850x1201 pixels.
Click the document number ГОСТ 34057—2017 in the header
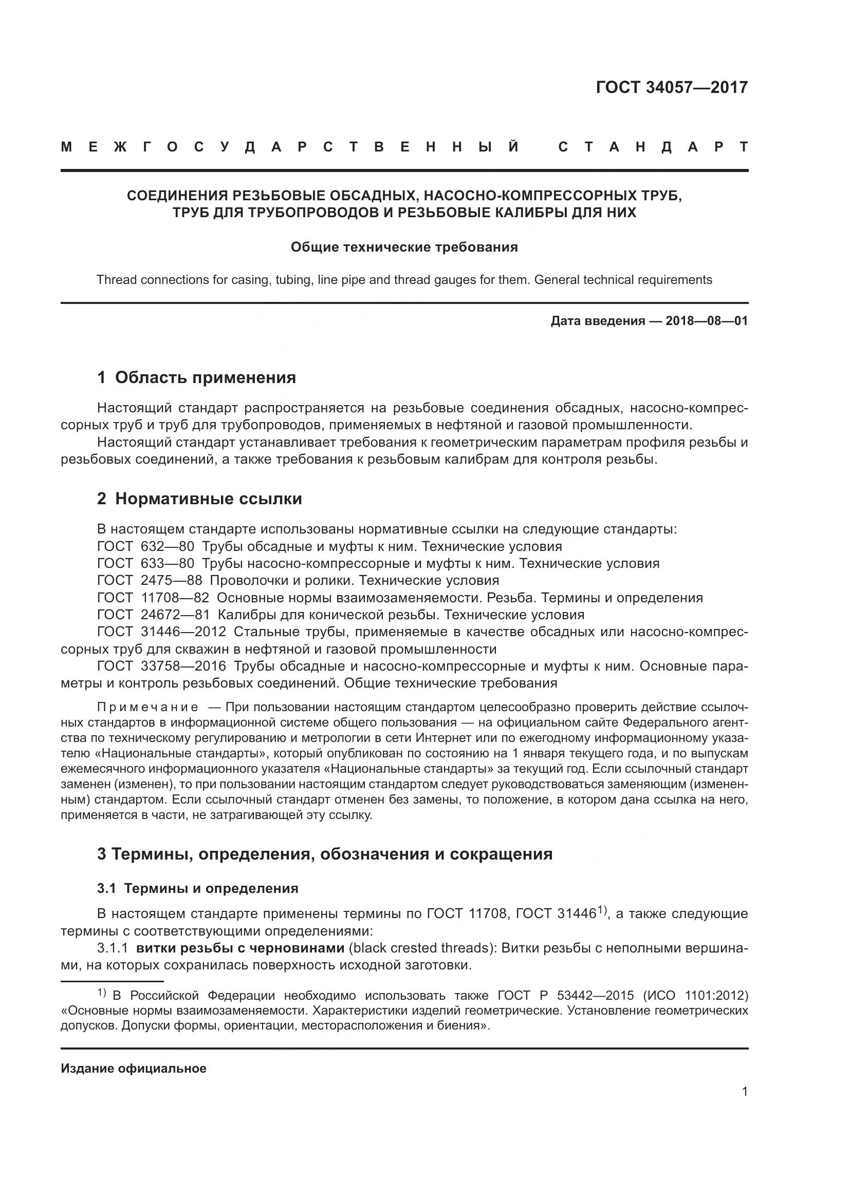click(672, 87)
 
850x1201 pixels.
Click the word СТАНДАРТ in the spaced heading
click(653, 147)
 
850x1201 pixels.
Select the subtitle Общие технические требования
click(404, 247)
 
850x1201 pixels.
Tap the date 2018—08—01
click(707, 320)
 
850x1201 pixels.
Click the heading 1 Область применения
click(196, 377)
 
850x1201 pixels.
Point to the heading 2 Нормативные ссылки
click(199, 499)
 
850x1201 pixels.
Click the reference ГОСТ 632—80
click(145, 547)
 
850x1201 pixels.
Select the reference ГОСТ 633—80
click(145, 563)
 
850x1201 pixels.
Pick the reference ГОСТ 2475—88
click(149, 580)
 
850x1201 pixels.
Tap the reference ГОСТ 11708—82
click(153, 597)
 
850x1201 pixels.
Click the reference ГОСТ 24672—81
click(153, 614)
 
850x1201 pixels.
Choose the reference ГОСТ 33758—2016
click(161, 666)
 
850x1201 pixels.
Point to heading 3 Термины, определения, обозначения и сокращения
click(324, 854)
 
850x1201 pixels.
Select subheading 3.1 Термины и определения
click(197, 888)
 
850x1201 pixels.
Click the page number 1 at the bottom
click(744, 1092)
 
